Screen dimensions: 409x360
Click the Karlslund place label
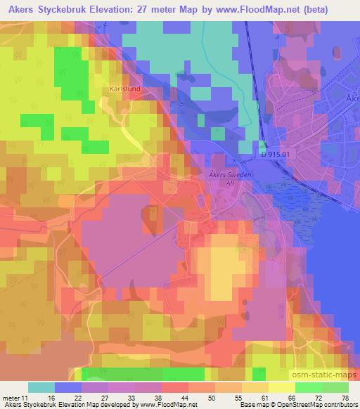coord(124,89)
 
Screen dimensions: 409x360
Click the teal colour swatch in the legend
coord(41,387)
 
